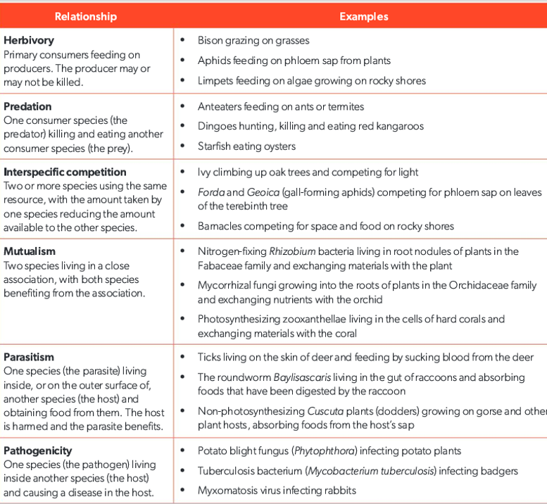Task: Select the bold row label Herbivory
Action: (29, 41)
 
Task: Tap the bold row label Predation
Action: (27, 107)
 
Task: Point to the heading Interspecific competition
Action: (65, 172)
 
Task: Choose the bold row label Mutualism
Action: (30, 251)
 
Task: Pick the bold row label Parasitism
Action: (29, 357)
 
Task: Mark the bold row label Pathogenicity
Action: (37, 451)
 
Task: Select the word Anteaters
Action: (220, 107)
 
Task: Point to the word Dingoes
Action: (216, 127)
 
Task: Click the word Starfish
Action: (215, 146)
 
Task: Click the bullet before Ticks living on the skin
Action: (182, 358)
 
